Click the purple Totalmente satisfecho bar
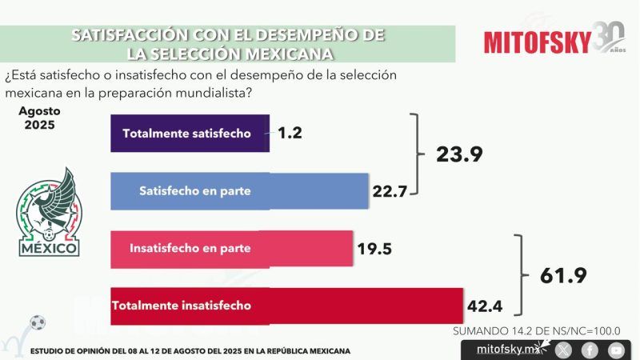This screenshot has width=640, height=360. (190, 133)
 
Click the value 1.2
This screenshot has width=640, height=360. (290, 133)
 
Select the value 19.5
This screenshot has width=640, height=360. (374, 249)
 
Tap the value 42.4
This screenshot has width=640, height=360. (486, 306)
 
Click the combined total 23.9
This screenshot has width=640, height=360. (459, 154)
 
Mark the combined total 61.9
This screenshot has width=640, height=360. (563, 276)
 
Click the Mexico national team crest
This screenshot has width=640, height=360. (49, 213)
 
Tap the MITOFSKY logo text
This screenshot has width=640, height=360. (538, 40)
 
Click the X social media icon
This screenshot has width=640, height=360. (564, 350)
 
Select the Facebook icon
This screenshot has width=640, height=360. (590, 350)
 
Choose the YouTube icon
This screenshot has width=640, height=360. (615, 350)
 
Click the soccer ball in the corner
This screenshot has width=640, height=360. (37, 323)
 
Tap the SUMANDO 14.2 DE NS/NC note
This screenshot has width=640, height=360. (537, 330)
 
